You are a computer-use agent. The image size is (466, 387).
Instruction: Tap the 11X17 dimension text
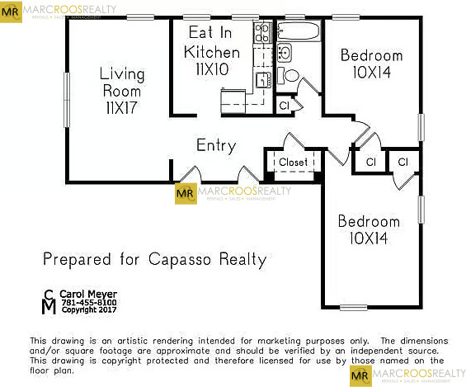pos(121,108)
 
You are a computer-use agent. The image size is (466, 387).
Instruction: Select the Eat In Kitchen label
pos(212,43)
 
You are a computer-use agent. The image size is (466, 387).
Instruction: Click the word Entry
pos(216,146)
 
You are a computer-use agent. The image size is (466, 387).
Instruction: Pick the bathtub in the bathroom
pos(298,33)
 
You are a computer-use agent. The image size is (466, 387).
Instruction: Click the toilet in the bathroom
pos(291,75)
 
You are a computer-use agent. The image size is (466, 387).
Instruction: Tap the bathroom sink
pos(284,53)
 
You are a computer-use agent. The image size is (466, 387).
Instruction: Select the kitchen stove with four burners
pos(262,33)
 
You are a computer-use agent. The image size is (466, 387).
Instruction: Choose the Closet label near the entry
pos(293,163)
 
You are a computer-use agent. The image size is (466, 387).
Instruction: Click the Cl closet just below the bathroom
pos(284,106)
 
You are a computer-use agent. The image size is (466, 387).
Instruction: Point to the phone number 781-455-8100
pos(87,303)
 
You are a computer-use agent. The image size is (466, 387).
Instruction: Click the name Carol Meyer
pos(90,294)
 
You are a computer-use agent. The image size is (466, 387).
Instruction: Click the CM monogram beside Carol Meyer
pos(49,302)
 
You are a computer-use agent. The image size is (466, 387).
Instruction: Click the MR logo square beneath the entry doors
pos(186,193)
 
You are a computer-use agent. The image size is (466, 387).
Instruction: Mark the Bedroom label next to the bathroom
pos(371,56)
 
